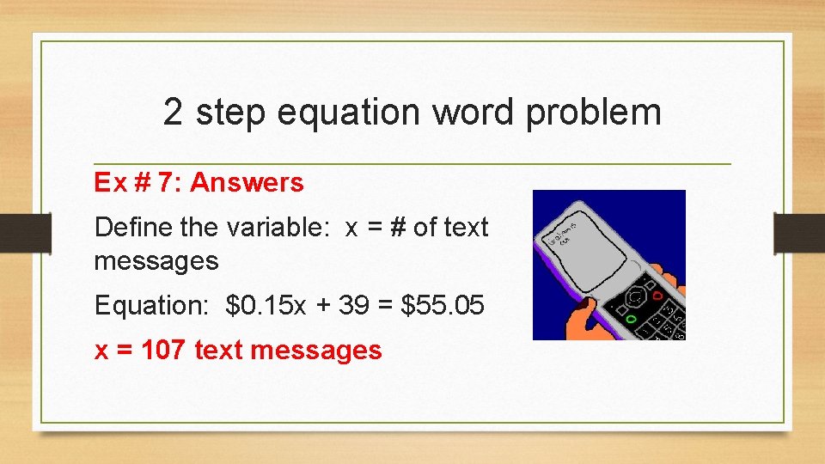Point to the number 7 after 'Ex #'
pos(168,182)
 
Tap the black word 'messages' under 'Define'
pos(156,260)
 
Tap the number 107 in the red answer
pos(164,350)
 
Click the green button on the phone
pos(632,320)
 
